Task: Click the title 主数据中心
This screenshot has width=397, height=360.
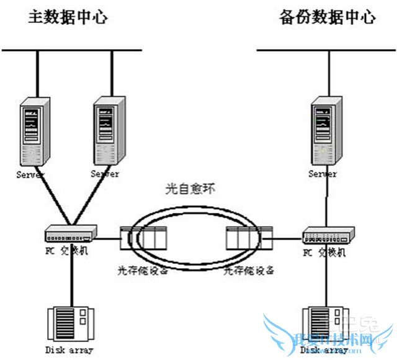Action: click(68, 17)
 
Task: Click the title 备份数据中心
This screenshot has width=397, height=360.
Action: click(327, 17)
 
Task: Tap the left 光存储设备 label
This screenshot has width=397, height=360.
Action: click(144, 271)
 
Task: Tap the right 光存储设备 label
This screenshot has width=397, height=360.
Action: click(249, 271)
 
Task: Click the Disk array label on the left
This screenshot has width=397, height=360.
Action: click(69, 350)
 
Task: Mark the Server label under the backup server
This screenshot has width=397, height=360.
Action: click(323, 174)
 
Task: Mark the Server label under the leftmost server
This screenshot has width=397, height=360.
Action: click(30, 174)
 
